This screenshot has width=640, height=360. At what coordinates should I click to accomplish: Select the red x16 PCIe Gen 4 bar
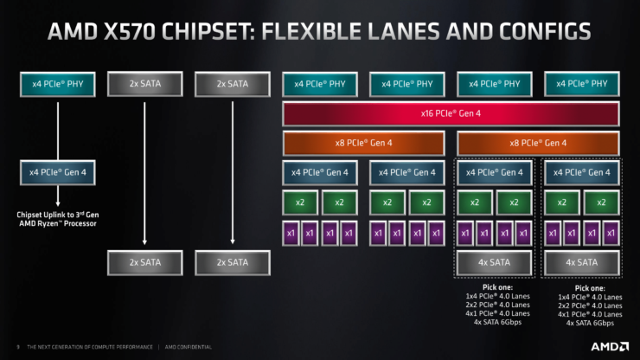click(450, 114)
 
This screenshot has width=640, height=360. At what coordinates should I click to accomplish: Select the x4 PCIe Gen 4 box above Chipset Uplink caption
click(58, 171)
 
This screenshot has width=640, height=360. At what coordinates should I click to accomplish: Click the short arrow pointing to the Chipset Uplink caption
click(58, 194)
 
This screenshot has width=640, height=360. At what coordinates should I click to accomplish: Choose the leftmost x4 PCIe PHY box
click(58, 84)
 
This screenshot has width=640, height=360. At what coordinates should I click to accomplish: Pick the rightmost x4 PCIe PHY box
click(580, 84)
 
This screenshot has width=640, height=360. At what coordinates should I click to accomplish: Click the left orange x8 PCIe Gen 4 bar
click(363, 143)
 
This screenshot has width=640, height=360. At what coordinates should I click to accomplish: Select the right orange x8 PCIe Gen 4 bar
click(537, 143)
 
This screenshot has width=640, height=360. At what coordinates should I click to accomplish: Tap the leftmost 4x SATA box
click(493, 261)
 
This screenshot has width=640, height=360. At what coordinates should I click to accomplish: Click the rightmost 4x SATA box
click(580, 261)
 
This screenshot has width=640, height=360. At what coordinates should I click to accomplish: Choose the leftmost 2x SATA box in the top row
click(143, 84)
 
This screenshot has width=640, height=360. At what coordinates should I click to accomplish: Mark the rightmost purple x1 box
click(611, 233)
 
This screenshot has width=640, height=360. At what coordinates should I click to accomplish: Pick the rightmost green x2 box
click(600, 202)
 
